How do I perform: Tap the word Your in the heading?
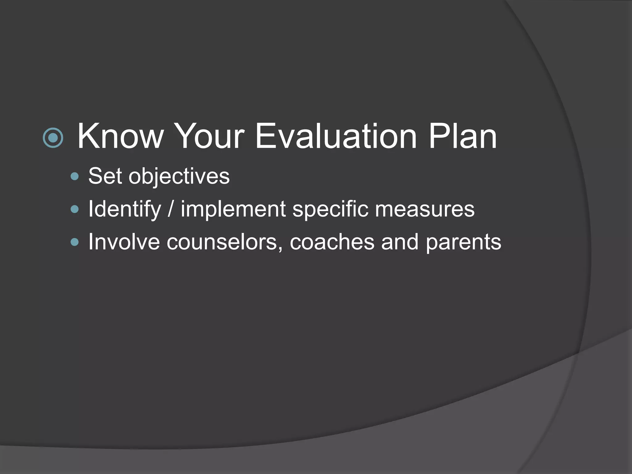click(x=210, y=136)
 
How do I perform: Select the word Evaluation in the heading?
click(x=336, y=136)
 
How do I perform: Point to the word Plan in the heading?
click(x=463, y=136)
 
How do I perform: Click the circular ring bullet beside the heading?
click(x=53, y=138)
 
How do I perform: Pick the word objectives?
click(x=179, y=177)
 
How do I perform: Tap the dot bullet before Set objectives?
click(x=75, y=177)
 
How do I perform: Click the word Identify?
click(x=125, y=210)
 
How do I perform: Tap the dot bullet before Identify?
click(x=75, y=210)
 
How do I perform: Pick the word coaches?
click(x=332, y=242)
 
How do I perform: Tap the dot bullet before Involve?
click(x=75, y=242)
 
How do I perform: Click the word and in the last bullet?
click(x=400, y=242)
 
